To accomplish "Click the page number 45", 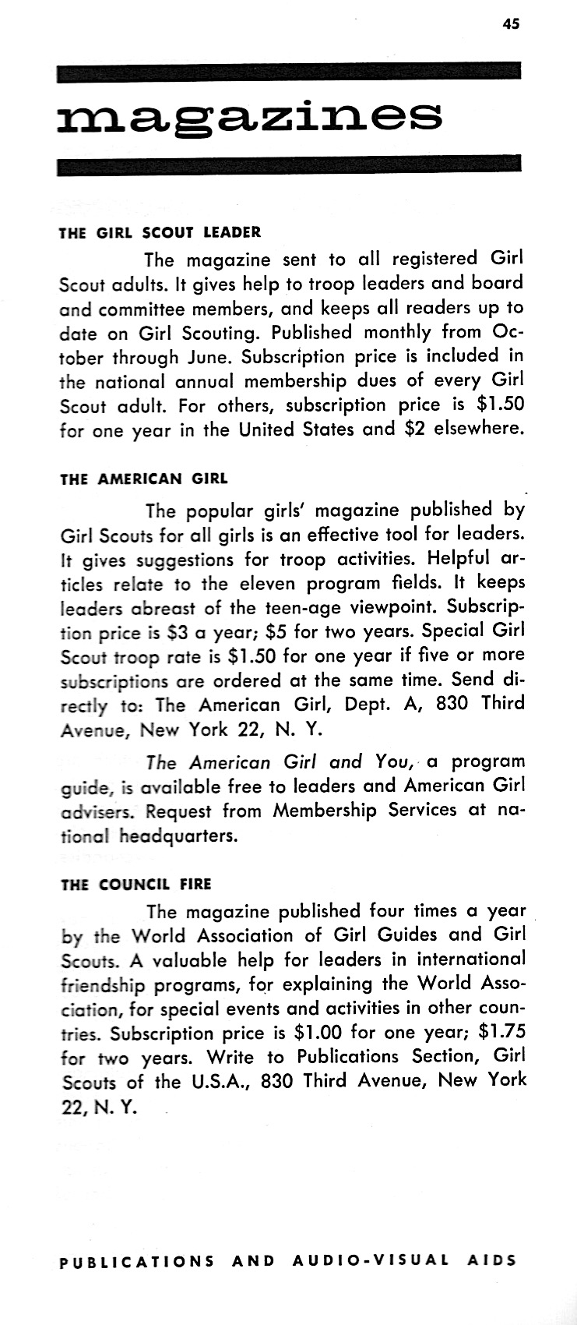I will (510, 24).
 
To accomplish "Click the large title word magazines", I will (249, 117).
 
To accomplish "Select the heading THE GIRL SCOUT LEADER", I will (160, 232).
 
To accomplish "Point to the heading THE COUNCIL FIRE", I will (135, 885).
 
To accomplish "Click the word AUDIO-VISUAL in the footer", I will (371, 1260).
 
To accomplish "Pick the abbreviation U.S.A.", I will (219, 1082).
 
